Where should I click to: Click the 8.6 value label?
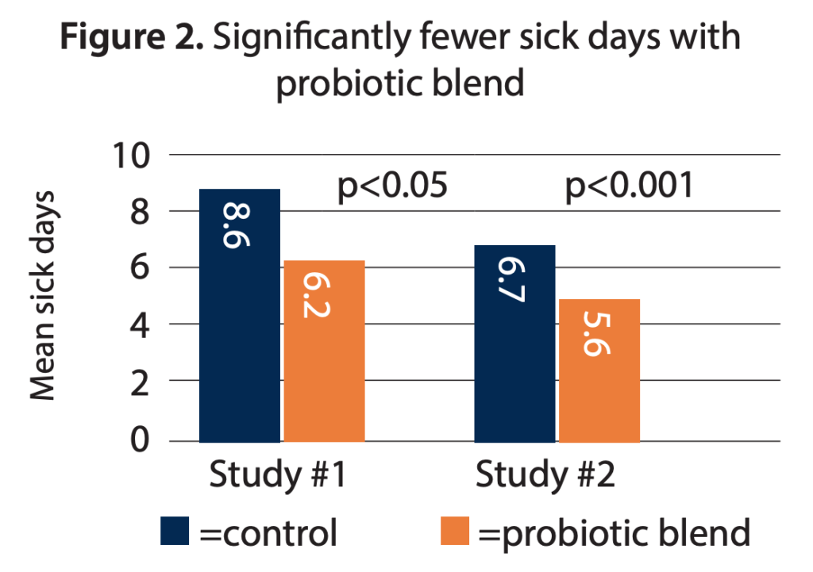238,227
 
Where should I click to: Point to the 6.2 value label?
323,295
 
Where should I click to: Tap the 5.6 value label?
599,336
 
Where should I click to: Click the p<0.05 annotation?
394,187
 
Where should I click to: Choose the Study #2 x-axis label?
544,476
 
